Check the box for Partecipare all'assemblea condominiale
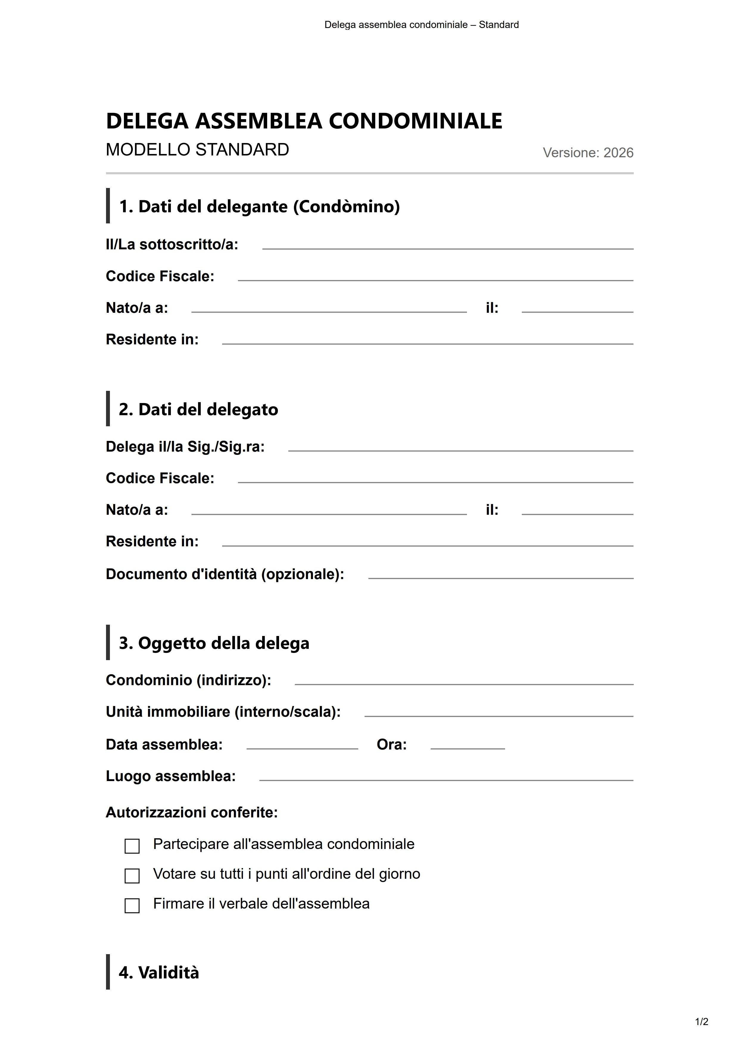(132, 846)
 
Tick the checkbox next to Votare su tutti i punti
(132, 876)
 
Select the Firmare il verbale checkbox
(132, 905)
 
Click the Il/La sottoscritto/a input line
(448, 245)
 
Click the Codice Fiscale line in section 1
(435, 277)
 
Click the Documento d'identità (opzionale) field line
(501, 575)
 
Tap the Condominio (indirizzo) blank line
(464, 681)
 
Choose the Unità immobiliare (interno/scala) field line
(499, 713)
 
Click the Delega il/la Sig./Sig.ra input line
(460, 447)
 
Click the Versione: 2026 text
(588, 153)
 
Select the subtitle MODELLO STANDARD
(197, 150)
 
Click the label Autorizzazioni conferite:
(191, 812)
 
